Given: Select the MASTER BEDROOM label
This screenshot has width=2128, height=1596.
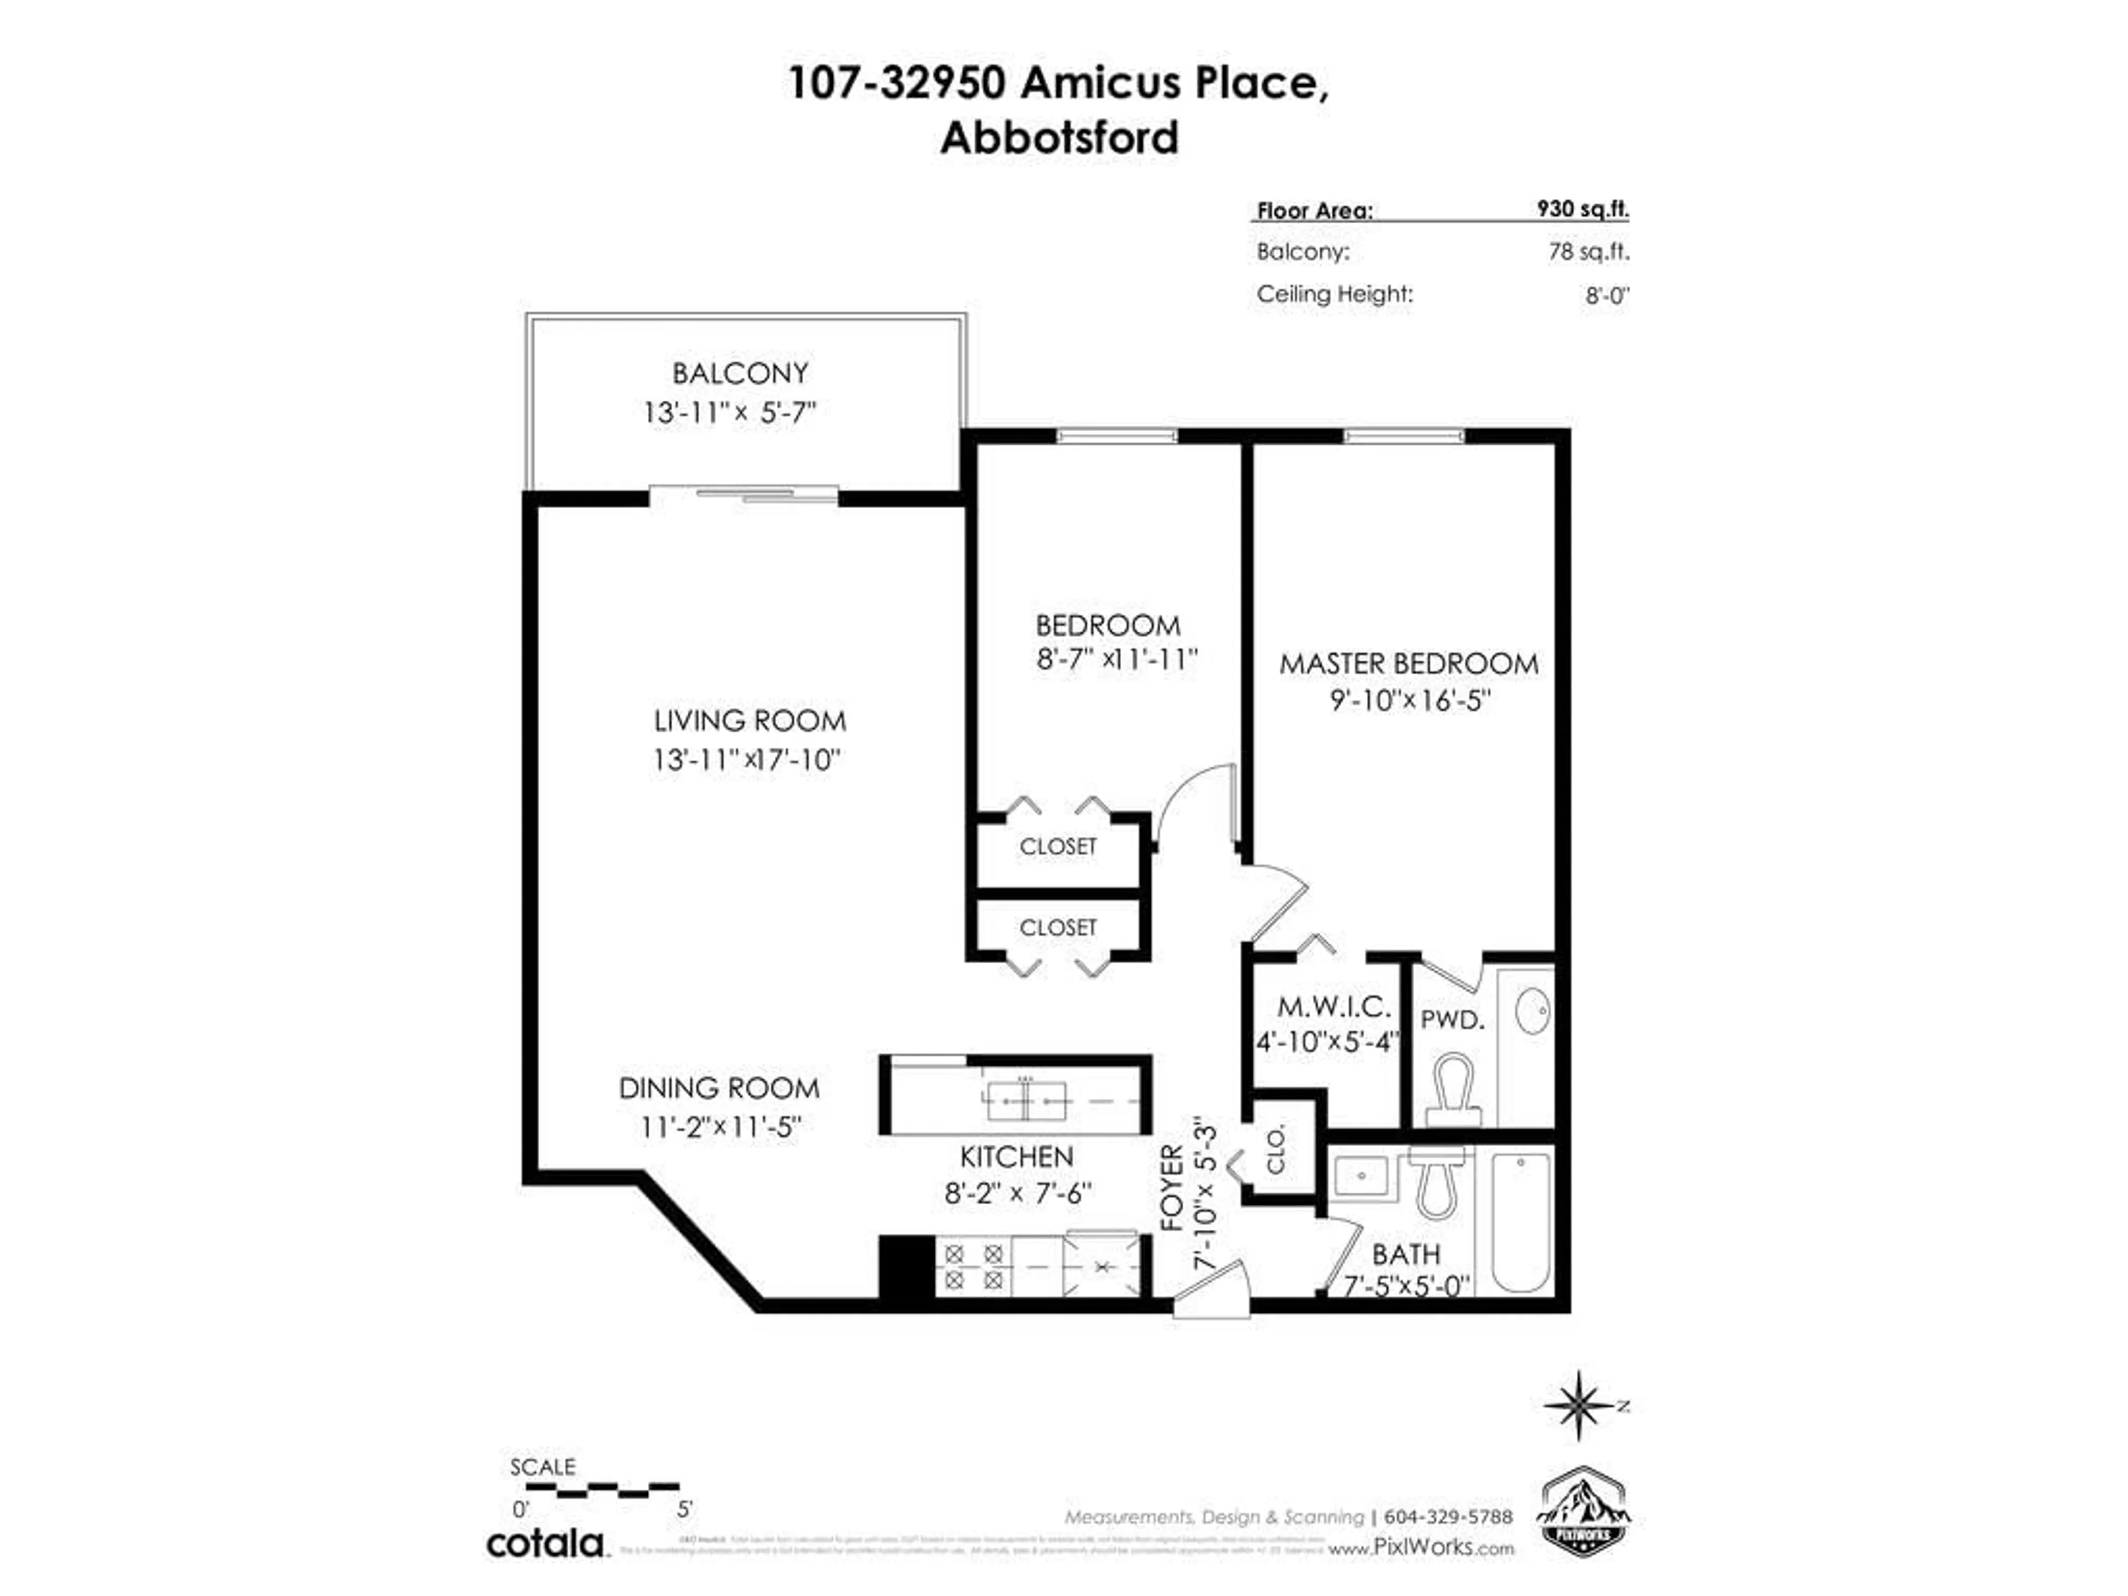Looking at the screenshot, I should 1408,664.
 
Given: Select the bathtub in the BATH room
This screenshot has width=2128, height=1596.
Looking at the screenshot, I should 1520,1222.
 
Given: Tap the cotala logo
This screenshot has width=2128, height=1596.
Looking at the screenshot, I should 545,1544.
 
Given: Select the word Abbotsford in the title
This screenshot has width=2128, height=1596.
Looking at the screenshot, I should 1059,137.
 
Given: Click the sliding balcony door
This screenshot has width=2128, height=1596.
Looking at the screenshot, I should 744,494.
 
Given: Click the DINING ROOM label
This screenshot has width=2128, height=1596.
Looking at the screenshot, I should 719,1088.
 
